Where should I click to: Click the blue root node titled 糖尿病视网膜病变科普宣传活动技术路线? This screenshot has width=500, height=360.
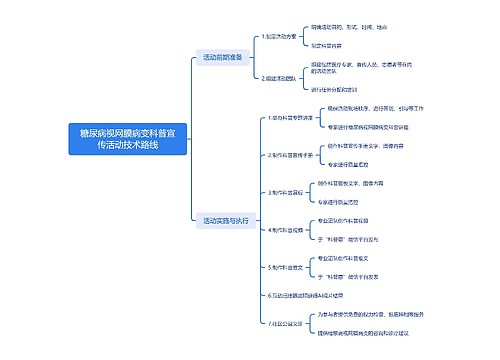pyautogui.click(x=127, y=139)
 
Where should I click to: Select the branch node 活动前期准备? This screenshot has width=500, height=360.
pyautogui.click(x=223, y=56)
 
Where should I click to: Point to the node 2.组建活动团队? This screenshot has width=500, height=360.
pyautogui.click(x=280, y=77)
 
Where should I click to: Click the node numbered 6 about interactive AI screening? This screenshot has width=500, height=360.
pyautogui.click(x=300, y=296)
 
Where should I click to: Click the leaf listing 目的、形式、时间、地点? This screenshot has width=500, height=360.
pyautogui.click(x=347, y=27)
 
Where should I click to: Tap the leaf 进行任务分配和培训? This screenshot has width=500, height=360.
pyautogui.click(x=340, y=89)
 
